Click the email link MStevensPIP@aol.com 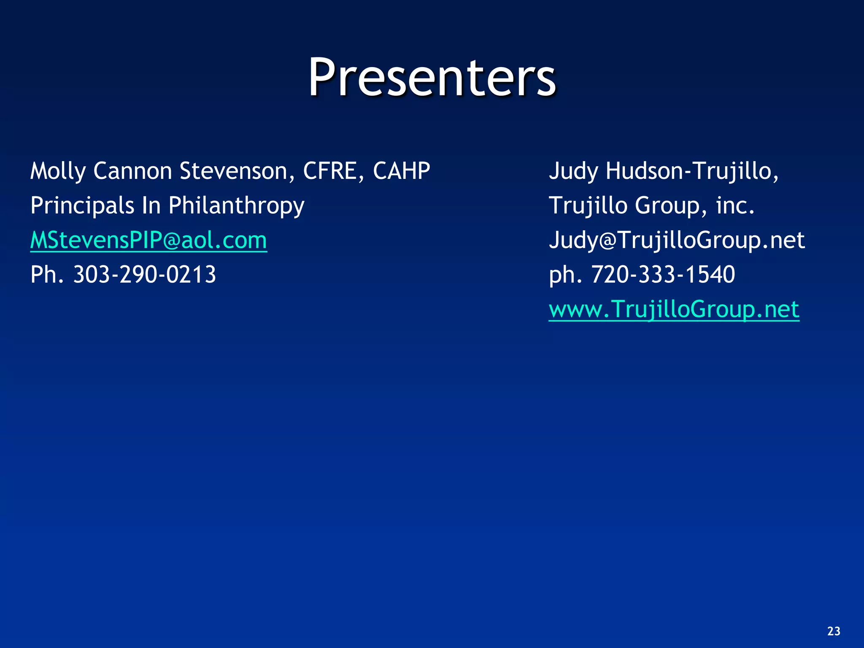pos(148,240)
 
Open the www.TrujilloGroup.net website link pos(674,309)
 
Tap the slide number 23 pos(834,631)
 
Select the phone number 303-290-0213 pos(145,275)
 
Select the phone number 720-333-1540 pos(663,275)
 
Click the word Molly pos(58,171)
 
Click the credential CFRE pos(330,171)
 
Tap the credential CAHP pos(401,171)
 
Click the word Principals pos(82,206)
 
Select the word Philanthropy pos(236,206)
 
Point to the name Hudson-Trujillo pos(692,171)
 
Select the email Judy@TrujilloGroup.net pos(677,240)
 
